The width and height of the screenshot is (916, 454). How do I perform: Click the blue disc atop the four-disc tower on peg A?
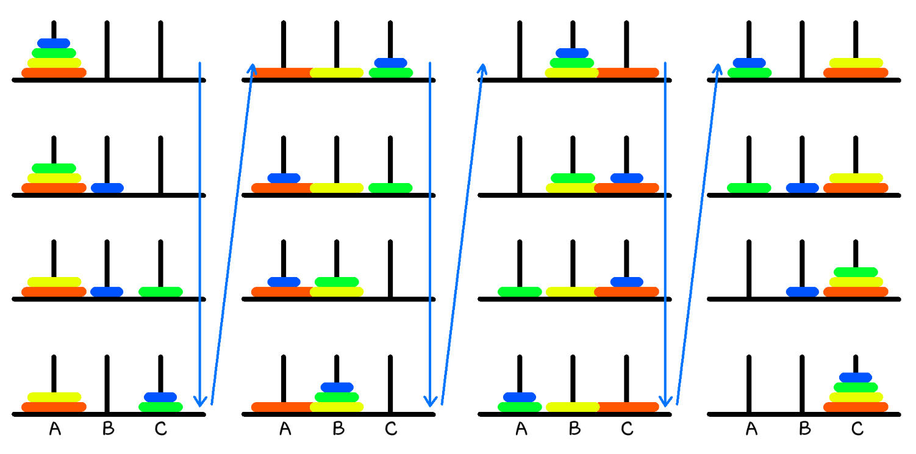point(54,43)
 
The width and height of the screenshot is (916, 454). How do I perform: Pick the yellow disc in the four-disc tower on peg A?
point(54,63)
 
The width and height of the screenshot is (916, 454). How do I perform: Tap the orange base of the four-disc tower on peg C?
point(856,407)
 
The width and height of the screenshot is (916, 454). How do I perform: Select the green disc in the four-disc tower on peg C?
point(856,387)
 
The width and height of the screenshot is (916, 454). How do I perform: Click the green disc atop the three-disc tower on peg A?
point(54,168)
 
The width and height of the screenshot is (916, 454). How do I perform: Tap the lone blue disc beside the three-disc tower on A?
point(107,188)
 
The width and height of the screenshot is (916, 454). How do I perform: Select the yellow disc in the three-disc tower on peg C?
point(856,282)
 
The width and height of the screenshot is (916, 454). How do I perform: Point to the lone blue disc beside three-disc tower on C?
point(802,292)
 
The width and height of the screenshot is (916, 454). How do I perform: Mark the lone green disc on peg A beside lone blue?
point(749,188)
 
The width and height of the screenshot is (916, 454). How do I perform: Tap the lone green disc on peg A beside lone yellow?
point(520,292)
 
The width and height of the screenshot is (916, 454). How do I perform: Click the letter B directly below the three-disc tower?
point(338,430)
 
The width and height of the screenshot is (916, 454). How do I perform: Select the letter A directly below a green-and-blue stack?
point(521,430)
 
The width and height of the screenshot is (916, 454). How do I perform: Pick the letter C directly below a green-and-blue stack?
point(160,430)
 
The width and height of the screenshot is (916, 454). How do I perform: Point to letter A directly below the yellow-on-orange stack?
point(55,430)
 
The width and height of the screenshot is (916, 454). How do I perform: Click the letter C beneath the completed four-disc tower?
point(857,430)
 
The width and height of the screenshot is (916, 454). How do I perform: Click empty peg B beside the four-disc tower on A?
point(107,49)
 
